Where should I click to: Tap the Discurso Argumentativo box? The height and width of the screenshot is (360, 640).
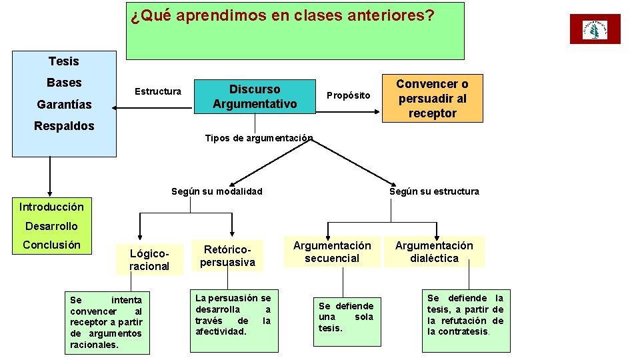point(255,97)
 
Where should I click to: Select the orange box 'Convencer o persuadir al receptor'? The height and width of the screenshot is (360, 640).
point(432,99)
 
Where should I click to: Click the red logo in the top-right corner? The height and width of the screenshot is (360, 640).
point(595,29)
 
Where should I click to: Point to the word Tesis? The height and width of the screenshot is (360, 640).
point(63,61)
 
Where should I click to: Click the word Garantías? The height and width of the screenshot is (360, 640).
point(64,105)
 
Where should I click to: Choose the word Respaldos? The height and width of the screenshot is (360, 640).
point(64,126)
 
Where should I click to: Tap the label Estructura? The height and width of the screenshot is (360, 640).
point(158,91)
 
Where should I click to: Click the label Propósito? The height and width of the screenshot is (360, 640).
point(348,95)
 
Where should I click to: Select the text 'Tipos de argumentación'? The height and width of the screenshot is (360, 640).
point(259,138)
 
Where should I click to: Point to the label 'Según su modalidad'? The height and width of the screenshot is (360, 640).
point(217,191)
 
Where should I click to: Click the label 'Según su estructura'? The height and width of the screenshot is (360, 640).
point(434,191)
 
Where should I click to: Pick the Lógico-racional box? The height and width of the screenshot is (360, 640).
point(149,260)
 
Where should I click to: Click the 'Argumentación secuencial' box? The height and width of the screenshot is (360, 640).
point(332,252)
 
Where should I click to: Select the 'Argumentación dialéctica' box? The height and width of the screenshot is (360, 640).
point(434,252)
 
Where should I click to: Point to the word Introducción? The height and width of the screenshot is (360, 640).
point(51,207)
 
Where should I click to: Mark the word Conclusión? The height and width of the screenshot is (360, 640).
point(51,245)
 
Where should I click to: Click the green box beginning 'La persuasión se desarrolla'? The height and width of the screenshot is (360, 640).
point(233,319)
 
